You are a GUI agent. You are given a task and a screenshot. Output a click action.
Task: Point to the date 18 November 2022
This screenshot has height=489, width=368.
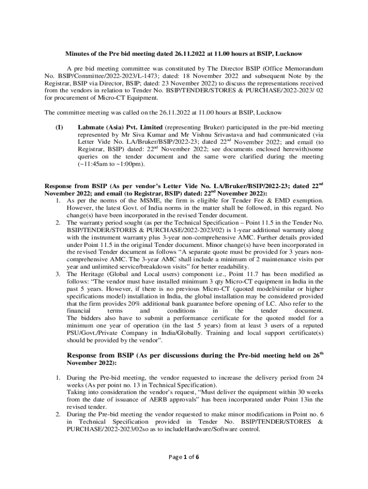(x=216, y=76)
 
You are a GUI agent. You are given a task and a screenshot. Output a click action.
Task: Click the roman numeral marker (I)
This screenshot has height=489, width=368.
(x=59, y=128)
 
